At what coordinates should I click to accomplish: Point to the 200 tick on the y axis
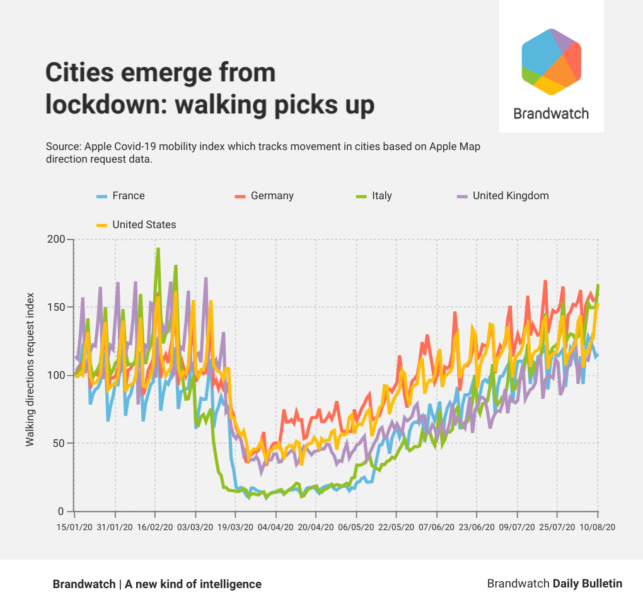tap(56, 240)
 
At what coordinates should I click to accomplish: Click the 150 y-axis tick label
tap(56, 308)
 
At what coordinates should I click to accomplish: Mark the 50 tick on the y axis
tap(59, 444)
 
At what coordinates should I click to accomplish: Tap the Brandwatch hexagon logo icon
tap(551, 62)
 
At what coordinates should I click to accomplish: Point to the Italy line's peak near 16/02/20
tap(158, 248)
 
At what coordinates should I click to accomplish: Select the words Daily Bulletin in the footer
tap(587, 584)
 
